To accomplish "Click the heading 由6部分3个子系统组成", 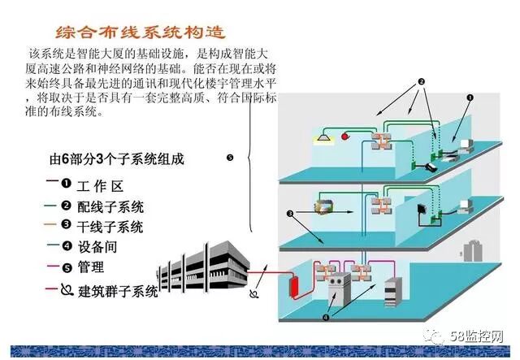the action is [117, 159].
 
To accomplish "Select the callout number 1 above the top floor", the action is [470, 98].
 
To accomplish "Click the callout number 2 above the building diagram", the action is [422, 82].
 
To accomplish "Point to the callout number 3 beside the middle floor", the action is [289, 214].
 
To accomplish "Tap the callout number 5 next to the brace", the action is [230, 158].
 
